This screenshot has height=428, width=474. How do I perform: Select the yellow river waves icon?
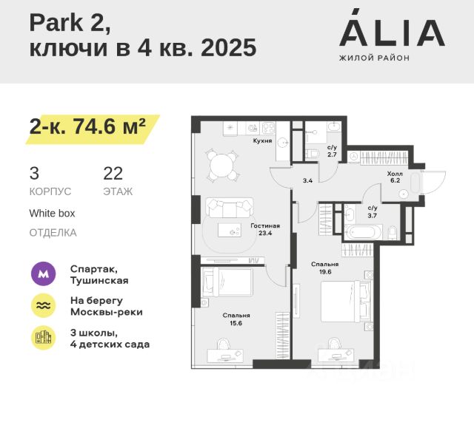[x=43, y=306]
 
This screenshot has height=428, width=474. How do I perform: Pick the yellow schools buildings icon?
[x=43, y=338]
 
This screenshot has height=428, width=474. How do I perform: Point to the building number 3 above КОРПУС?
[x=34, y=174]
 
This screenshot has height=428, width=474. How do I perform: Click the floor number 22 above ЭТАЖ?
[x=113, y=174]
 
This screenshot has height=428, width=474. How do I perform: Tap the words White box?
[x=52, y=213]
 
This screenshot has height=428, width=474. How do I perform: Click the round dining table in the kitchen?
[x=220, y=166]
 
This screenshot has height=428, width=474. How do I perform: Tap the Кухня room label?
[x=262, y=140]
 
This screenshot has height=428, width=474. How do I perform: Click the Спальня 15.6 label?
[x=236, y=319]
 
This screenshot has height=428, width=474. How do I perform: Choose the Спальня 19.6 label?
[x=325, y=267]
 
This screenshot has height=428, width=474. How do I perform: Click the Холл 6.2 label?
[x=395, y=176]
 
